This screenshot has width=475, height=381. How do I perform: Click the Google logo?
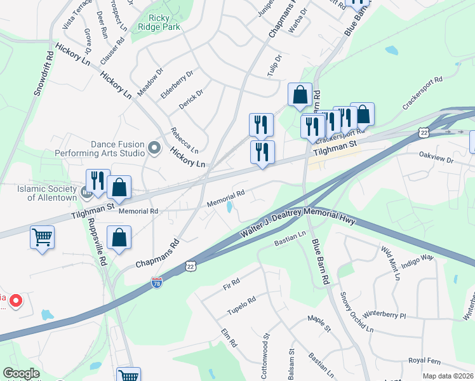[21, 373]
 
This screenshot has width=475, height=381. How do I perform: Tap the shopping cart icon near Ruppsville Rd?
[43, 237]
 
